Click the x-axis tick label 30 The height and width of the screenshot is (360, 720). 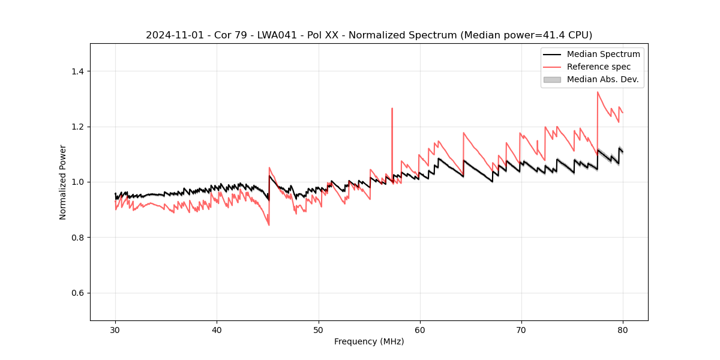(115, 329)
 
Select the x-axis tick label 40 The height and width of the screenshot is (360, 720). (217, 329)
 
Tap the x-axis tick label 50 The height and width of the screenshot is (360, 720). (318, 329)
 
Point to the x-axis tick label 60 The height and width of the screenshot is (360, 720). (420, 329)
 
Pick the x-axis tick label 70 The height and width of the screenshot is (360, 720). (521, 329)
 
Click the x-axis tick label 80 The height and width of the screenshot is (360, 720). (623, 329)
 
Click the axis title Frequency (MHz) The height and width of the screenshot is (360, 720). (369, 341)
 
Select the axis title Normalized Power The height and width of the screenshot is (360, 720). (63, 182)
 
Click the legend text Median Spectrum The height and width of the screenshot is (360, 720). (603, 54)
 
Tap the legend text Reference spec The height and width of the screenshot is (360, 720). (599, 67)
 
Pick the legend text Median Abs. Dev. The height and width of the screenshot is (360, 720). (602, 79)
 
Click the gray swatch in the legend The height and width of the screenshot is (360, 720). (552, 79)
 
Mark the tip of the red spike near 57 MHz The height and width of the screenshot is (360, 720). (392, 109)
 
